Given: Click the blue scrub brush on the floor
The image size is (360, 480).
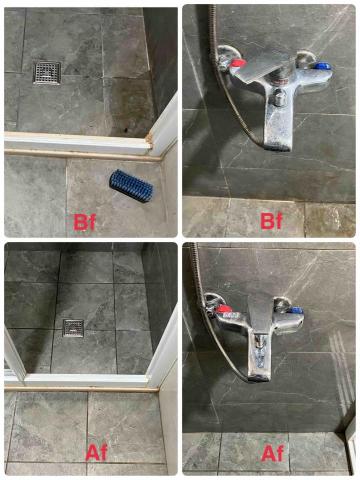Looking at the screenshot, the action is click(131, 187).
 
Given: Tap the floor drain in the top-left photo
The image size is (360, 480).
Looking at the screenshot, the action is click(47, 73).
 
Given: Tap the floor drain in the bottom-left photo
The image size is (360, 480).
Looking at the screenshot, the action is click(74, 328).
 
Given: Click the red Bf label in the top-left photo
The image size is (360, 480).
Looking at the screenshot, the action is click(84, 222).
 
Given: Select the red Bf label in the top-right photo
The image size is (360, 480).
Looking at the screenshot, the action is click(271, 220).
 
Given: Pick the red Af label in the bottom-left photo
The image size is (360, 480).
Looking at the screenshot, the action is click(96, 452).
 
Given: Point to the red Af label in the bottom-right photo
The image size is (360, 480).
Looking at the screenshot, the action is click(272, 453).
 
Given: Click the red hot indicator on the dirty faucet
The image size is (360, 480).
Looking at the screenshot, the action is click(238, 64).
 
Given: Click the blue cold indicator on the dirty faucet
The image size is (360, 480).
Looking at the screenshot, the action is click(323, 65).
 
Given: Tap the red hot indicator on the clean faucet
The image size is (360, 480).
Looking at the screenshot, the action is click(224, 309).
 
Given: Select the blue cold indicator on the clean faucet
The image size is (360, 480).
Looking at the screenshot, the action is click(297, 310).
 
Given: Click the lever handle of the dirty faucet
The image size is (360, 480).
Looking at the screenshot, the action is click(266, 69).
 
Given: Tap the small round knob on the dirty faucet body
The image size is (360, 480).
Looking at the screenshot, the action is click(279, 98).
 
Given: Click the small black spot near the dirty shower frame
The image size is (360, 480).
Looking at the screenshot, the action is click(126, 130).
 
